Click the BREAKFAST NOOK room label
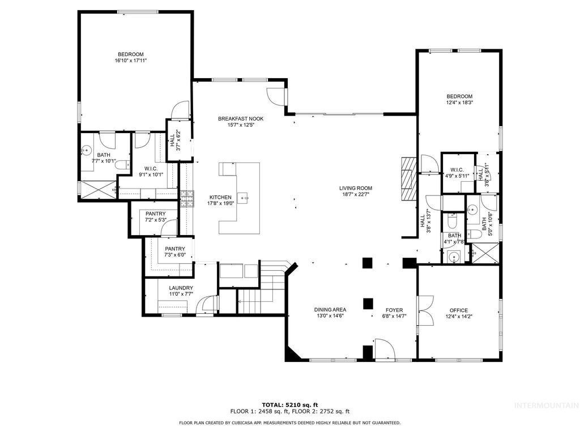(x=241, y=118)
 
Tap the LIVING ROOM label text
(x=356, y=189)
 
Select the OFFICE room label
(x=459, y=310)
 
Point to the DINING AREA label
(x=330, y=310)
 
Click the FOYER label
(x=394, y=310)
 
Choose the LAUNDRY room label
(x=181, y=288)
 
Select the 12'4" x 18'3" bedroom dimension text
(x=459, y=103)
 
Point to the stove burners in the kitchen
(x=186, y=197)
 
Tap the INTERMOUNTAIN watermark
(x=545, y=405)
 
